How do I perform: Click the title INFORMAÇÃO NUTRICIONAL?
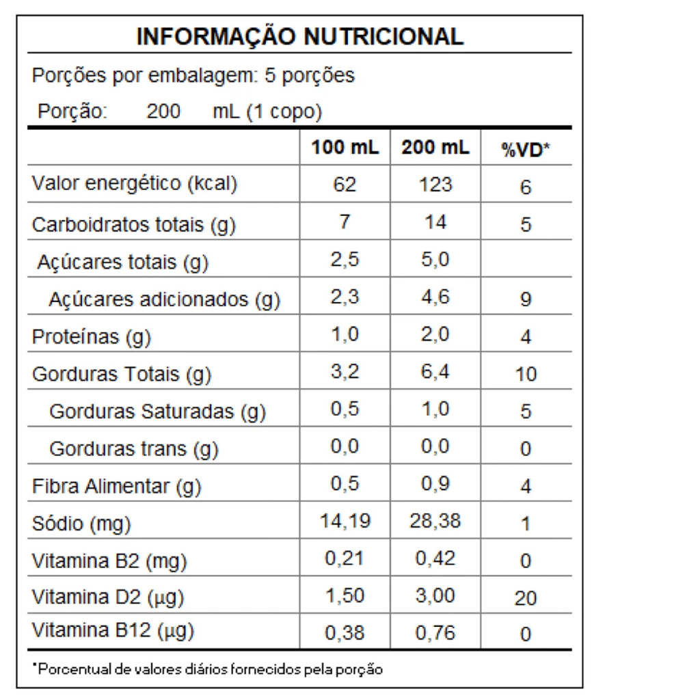299,36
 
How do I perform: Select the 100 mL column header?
345,148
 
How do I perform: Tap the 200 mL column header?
435,148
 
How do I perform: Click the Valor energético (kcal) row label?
135,185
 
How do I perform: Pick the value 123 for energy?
435,185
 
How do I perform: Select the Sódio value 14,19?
345,522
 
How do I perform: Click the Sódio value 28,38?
435,522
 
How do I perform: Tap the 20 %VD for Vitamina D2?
525,599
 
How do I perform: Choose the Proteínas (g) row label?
92,336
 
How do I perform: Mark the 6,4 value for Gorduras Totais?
435,373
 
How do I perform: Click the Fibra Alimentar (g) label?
116,487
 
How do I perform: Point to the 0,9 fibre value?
435,485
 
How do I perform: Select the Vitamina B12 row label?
113,631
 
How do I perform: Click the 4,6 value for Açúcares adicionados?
435,297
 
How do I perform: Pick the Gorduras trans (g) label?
133,449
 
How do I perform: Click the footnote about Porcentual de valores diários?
207,668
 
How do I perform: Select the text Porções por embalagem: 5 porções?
193,75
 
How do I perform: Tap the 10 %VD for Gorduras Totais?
525,374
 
